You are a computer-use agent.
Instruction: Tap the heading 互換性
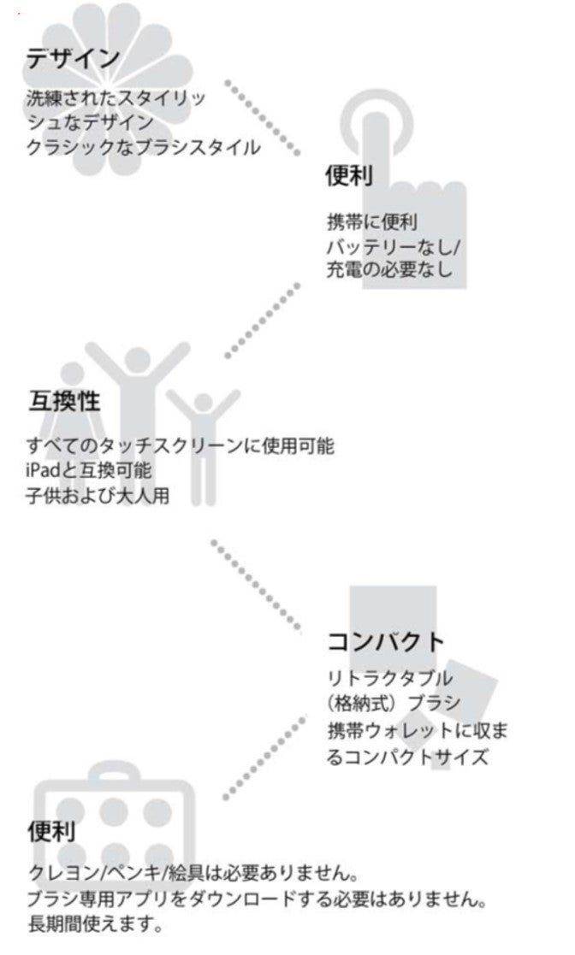click(64, 402)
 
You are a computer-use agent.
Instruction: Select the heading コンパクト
click(387, 642)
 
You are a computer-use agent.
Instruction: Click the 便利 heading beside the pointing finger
click(349, 176)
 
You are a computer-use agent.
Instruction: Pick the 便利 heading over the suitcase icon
click(52, 832)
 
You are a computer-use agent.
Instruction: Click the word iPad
click(44, 471)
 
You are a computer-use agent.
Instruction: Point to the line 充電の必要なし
click(389, 269)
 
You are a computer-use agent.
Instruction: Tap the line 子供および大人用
click(98, 496)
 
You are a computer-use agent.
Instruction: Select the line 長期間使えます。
click(96, 924)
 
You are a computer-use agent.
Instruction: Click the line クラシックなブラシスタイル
click(144, 147)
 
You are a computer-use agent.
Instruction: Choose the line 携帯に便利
click(372, 221)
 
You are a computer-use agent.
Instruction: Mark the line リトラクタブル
click(390, 679)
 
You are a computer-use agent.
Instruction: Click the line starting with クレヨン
click(193, 874)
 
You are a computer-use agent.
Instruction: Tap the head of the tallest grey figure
click(138, 359)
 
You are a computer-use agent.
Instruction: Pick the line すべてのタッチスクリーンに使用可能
click(181, 446)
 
